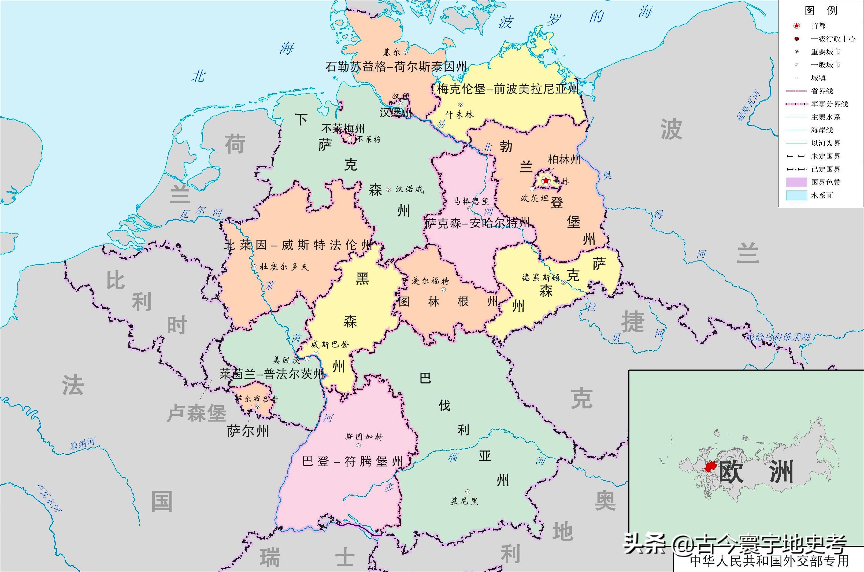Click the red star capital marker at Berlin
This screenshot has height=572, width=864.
pyautogui.click(x=545, y=180)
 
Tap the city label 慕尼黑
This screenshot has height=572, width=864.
pyautogui.click(x=464, y=501)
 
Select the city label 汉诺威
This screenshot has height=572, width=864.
pyautogui.click(x=409, y=189)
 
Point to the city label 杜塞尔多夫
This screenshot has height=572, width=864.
pyautogui.click(x=284, y=267)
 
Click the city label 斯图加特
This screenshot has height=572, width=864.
pyautogui.click(x=364, y=437)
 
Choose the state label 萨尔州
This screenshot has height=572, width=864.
pyautogui.click(x=248, y=431)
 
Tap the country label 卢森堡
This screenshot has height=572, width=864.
pyautogui.click(x=196, y=413)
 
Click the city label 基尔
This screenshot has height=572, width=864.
pyautogui.click(x=392, y=52)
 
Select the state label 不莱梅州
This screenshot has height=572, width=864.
pyautogui.click(x=343, y=128)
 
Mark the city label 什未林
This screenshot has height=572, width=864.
pyautogui.click(x=459, y=115)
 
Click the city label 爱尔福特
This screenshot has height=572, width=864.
pyautogui.click(x=430, y=281)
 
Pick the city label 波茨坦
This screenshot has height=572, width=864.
pyautogui.click(x=534, y=198)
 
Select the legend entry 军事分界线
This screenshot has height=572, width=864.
pyautogui.click(x=829, y=104)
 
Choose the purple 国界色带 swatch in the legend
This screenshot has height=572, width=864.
pyautogui.click(x=796, y=182)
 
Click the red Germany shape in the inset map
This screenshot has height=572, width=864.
pyautogui.click(x=710, y=467)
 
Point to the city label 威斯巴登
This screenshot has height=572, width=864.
pyautogui.click(x=330, y=344)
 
